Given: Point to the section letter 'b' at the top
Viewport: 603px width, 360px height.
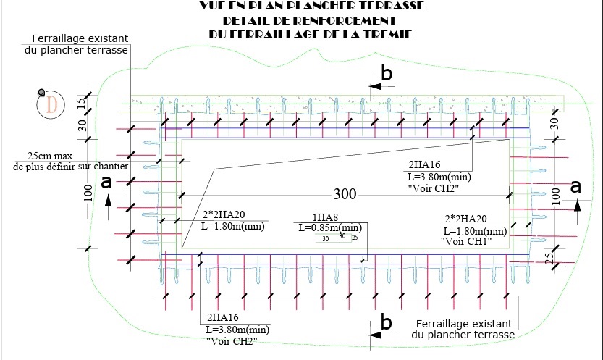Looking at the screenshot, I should click(387, 74).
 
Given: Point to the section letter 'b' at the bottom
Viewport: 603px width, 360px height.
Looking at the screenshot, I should click(387, 322).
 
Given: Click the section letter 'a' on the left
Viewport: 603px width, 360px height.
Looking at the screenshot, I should click(106, 184).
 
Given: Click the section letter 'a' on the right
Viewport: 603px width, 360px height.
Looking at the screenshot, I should click(576, 186).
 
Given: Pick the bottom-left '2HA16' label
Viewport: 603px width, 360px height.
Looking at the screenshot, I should click(223, 317).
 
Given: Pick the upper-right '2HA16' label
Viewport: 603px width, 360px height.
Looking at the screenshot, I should click(426, 165).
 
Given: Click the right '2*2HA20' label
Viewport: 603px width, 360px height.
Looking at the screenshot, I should click(465, 219).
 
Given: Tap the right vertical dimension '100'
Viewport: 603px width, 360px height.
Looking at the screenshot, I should click(556, 194).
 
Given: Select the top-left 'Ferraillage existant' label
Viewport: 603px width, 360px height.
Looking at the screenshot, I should click(80, 38).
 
